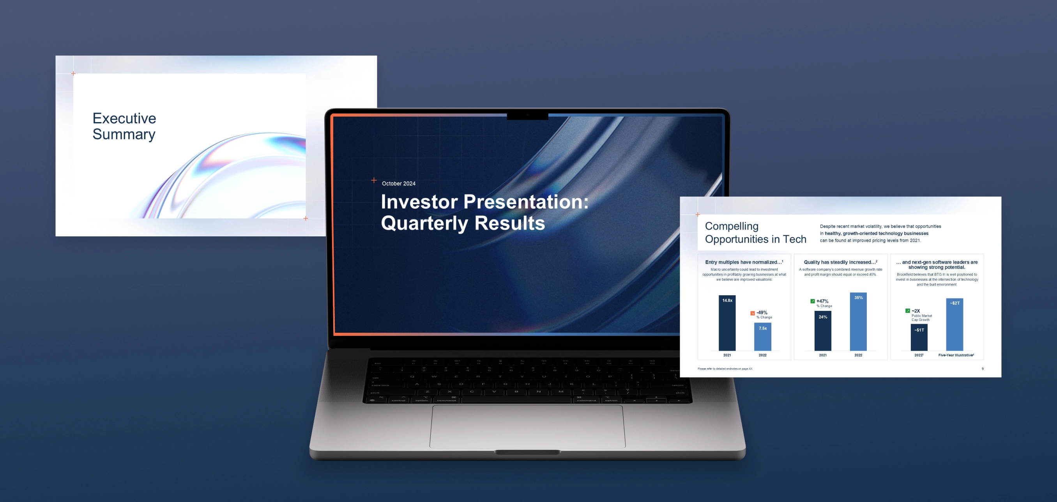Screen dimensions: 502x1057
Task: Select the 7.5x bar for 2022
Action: pyautogui.click(x=762, y=337)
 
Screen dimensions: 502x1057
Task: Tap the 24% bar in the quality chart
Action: pyautogui.click(x=823, y=331)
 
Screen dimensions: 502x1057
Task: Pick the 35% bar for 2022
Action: pyautogui.click(x=858, y=322)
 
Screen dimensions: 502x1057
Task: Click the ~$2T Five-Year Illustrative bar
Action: pyautogui.click(x=954, y=325)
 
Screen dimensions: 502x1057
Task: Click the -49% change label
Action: pyautogui.click(x=762, y=312)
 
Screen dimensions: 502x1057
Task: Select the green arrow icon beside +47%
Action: pyautogui.click(x=813, y=301)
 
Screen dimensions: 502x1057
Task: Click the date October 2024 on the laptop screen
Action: pyautogui.click(x=398, y=184)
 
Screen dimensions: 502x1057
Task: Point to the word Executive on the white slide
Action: pyautogui.click(x=124, y=118)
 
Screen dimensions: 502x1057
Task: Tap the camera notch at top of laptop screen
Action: pyautogui.click(x=527, y=116)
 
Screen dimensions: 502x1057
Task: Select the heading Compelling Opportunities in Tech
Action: pyautogui.click(x=755, y=232)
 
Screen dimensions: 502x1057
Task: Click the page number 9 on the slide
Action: pyautogui.click(x=982, y=369)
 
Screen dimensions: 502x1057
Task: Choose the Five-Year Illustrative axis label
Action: pyautogui.click(x=956, y=355)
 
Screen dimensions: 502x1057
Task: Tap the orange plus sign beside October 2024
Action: pyautogui.click(x=374, y=180)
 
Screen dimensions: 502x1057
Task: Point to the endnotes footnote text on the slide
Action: pyautogui.click(x=725, y=369)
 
